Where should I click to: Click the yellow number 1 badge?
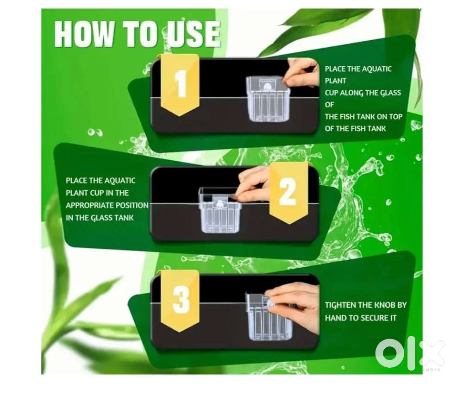pyautogui.click(x=180, y=85)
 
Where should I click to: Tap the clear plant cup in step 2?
pyautogui.click(x=220, y=210)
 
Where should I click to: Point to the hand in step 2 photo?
pyautogui.click(x=254, y=184)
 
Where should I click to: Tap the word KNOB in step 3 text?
pyautogui.click(x=385, y=305)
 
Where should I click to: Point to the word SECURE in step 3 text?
pyautogui.click(x=373, y=318)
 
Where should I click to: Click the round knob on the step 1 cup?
pyautogui.click(x=267, y=87)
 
